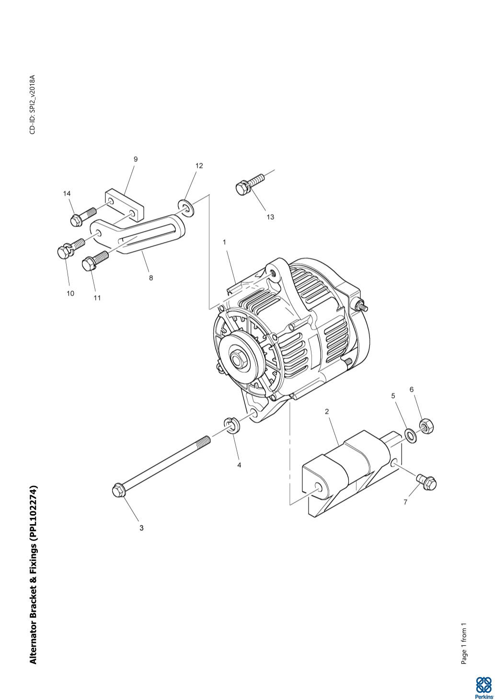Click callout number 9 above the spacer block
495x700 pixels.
[136, 159]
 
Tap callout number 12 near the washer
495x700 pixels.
[199, 166]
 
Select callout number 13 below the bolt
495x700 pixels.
[270, 217]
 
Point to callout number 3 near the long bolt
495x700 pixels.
[141, 528]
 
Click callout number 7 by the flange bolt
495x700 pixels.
[405, 502]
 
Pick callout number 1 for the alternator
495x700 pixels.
[224, 242]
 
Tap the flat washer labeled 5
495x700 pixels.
[411, 436]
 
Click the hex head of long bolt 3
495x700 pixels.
[118, 491]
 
